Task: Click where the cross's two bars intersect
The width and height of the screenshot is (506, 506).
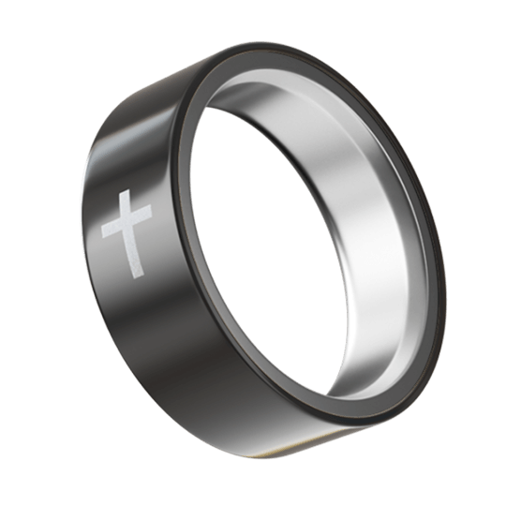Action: [130, 226]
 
